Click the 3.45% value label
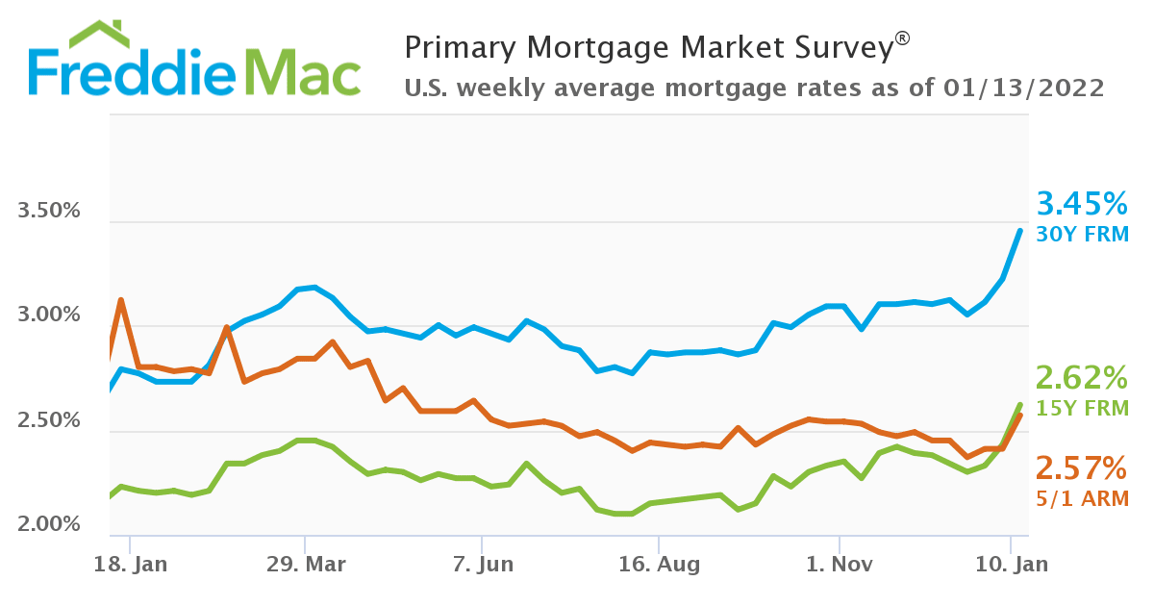(1081, 204)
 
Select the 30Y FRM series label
(1082, 234)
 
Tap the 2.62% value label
(1081, 376)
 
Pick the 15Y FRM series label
(1082, 408)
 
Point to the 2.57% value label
(1081, 468)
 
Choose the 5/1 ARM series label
(1082, 498)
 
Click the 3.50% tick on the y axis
(49, 211)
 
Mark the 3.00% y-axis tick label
(49, 316)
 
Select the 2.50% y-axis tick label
(49, 420)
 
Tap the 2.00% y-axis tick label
(49, 524)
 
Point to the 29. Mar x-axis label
(305, 564)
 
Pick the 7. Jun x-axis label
(482, 564)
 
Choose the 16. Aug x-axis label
(658, 564)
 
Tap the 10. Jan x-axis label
(1012, 564)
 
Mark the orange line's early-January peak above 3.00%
(120, 300)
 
